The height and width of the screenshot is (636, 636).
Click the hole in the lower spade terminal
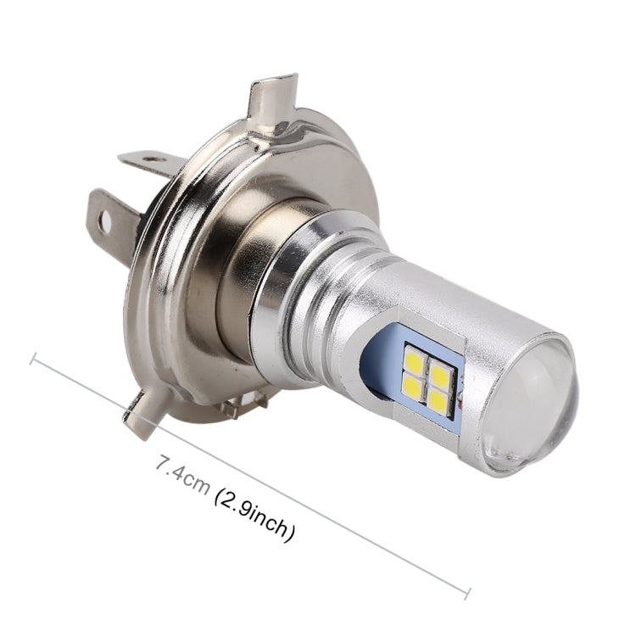point(106,222)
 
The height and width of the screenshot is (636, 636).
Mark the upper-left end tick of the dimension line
point(33,360)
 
